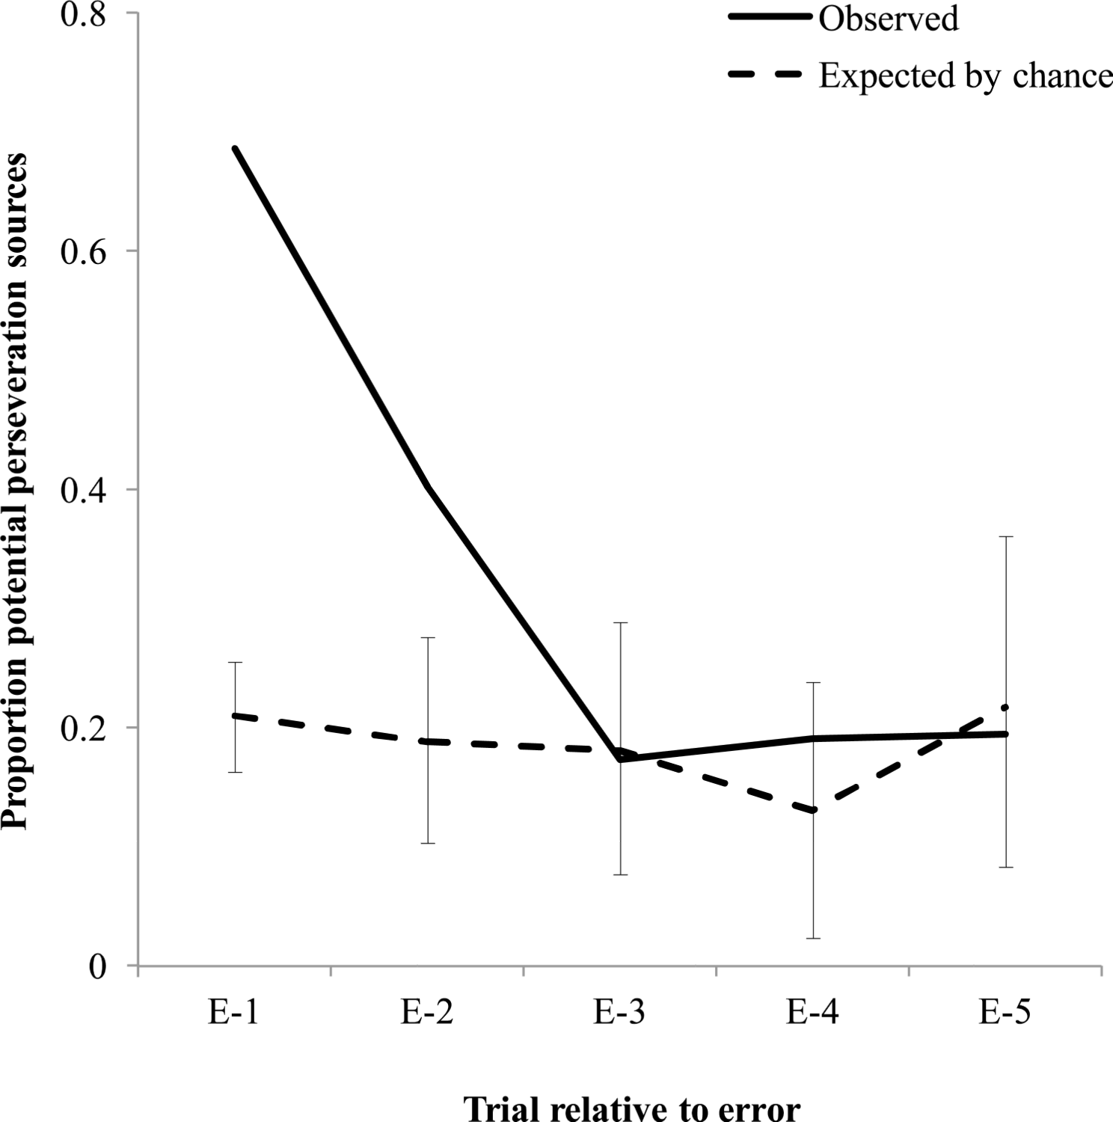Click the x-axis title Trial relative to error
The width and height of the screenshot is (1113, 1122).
632,1108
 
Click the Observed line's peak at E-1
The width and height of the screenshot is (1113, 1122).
235,149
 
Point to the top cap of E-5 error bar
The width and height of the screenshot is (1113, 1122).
1006,537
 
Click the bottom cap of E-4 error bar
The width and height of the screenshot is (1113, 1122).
813,938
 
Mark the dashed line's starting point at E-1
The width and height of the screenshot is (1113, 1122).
235,716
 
